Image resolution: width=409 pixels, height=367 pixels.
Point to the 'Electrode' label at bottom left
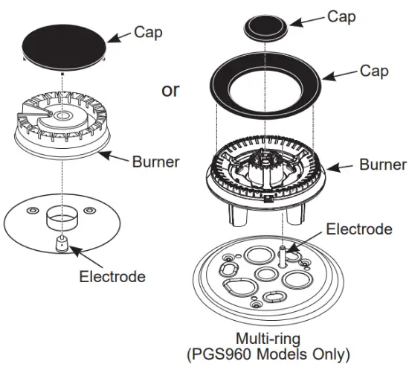[x=112, y=277]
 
